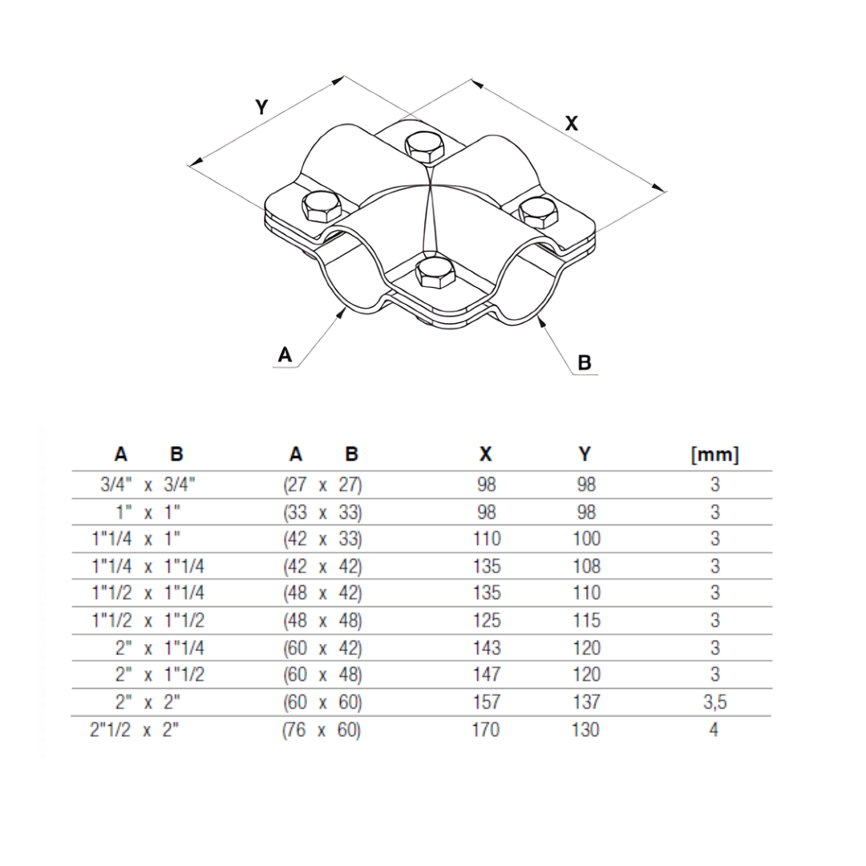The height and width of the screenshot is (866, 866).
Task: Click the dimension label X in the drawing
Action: [x=572, y=123]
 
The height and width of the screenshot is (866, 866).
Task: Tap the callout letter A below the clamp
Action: [x=285, y=354]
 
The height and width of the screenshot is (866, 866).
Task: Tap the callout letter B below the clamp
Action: [x=585, y=363]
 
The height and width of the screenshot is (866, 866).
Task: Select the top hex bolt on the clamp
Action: [x=427, y=147]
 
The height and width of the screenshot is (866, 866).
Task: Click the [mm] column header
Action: [x=714, y=455]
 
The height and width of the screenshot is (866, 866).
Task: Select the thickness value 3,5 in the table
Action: [x=715, y=702]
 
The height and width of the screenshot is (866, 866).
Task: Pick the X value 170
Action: [x=486, y=730]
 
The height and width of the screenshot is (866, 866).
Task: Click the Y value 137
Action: [x=586, y=702]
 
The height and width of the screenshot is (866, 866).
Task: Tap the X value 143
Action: [x=486, y=648]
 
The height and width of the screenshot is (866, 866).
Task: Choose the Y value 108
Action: [x=586, y=566]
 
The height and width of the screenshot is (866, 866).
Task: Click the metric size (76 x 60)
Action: [x=322, y=730]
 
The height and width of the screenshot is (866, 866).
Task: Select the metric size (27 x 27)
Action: [x=322, y=485]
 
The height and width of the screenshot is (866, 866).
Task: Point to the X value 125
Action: [x=486, y=621]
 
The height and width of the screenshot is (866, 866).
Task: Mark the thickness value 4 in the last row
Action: [x=714, y=730]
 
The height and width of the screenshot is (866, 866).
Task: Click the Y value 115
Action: [x=586, y=621]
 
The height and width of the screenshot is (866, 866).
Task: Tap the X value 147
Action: [x=486, y=675]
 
